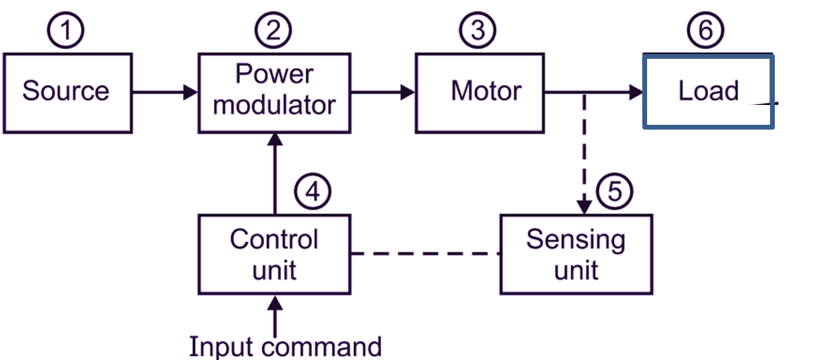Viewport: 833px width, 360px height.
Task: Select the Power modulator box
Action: pyautogui.click(x=275, y=92)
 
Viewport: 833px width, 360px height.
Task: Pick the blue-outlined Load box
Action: pyautogui.click(x=708, y=91)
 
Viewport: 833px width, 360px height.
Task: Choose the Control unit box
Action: pyautogui.click(x=275, y=254)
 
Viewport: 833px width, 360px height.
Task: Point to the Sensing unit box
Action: pyautogui.click(x=576, y=254)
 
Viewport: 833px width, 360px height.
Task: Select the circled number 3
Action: pyautogui.click(x=477, y=31)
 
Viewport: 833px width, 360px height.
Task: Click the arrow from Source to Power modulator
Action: pyautogui.click(x=165, y=92)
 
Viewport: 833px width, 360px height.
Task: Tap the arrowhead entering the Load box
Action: pyautogui.click(x=636, y=92)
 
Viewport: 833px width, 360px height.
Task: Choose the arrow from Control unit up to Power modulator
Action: pyautogui.click(x=275, y=174)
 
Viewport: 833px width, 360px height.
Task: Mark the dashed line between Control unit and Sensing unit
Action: pyautogui.click(x=426, y=254)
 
